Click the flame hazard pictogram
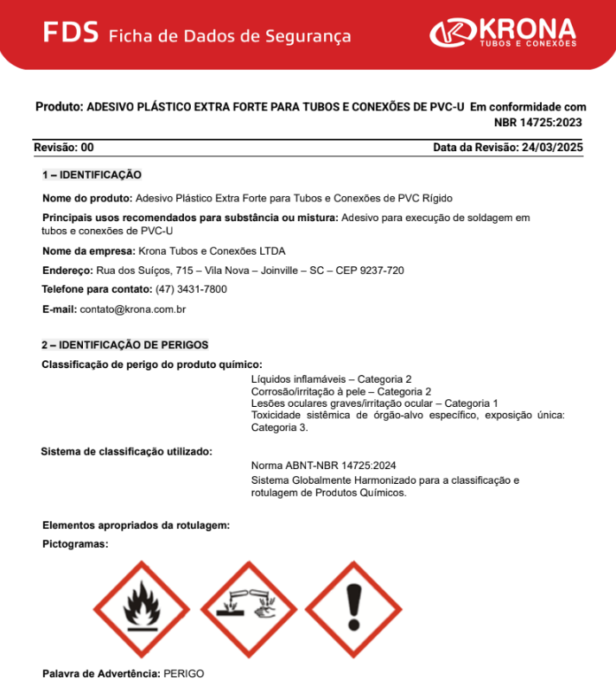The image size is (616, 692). (x=143, y=608)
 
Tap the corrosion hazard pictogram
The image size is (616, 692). (x=249, y=608)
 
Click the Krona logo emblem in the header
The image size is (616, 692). (x=450, y=34)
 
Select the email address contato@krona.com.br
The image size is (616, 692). (x=133, y=308)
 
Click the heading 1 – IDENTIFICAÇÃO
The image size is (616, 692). (x=92, y=175)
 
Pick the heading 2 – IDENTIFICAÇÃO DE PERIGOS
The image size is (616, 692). (x=125, y=345)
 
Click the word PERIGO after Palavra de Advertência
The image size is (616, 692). (x=184, y=673)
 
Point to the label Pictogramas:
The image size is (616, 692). (x=75, y=544)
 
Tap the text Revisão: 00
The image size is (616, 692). (x=64, y=148)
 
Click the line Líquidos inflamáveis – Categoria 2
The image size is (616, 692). (x=331, y=379)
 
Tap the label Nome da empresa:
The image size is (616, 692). (x=88, y=251)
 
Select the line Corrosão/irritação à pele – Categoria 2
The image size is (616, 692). (x=341, y=391)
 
